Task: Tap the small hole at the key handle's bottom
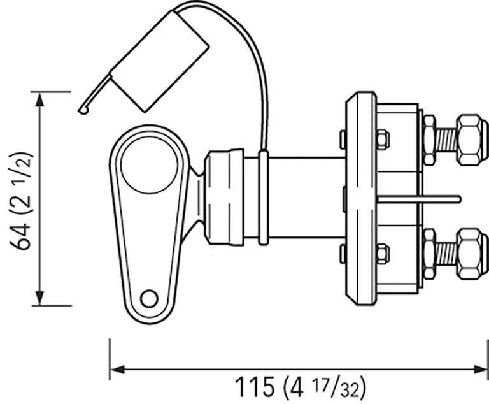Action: pos(149,298)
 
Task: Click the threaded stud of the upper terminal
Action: pos(446,140)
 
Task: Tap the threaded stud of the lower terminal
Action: pos(446,254)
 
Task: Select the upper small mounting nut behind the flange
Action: pos(382,139)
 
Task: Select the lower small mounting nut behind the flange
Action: pos(382,254)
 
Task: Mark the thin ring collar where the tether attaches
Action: pos(263,198)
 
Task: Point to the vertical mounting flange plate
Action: pos(360,198)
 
